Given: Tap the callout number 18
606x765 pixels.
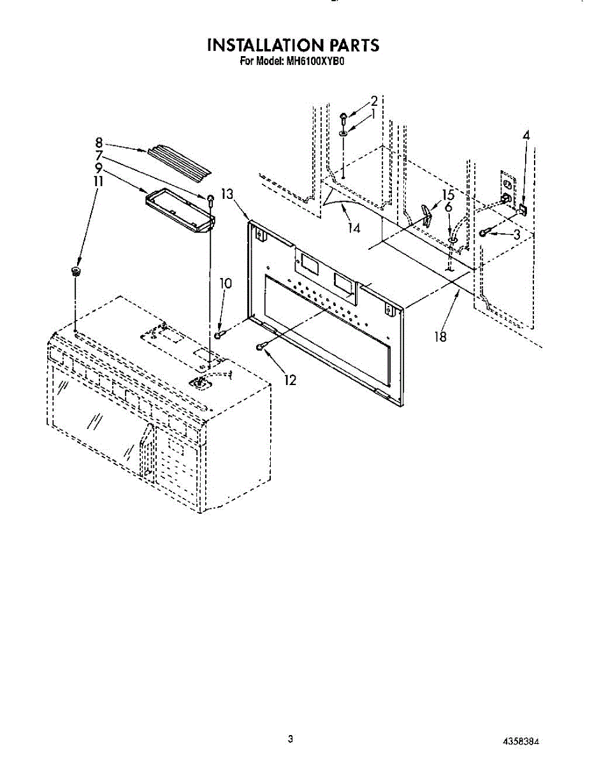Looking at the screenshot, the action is [440, 337].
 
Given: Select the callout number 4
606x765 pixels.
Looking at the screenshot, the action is [526, 135].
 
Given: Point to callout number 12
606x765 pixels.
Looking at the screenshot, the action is [291, 381].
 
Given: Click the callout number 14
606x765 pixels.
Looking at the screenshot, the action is [355, 228].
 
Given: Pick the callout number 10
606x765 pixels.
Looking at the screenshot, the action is [226, 283].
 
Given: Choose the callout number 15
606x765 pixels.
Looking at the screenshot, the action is [448, 195].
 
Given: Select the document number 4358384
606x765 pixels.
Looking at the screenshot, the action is [522, 741].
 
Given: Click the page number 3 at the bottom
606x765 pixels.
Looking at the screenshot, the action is [291, 739].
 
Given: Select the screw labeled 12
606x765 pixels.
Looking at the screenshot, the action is [260, 346].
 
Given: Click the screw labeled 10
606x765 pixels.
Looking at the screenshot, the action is [219, 334].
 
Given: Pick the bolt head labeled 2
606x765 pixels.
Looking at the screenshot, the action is [343, 117].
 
